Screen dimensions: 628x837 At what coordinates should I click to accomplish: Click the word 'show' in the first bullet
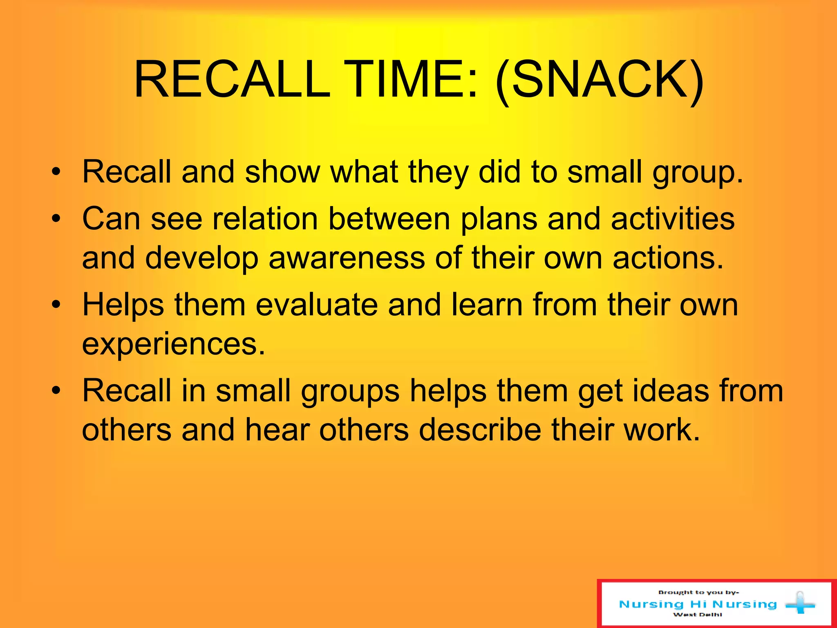282,172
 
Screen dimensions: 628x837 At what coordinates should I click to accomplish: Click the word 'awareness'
347,258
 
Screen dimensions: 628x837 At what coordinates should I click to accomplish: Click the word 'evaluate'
317,305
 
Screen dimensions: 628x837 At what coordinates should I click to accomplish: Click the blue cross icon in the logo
800,603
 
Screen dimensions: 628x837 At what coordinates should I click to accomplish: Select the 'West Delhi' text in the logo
698,615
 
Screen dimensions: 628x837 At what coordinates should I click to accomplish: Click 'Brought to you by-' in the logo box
698,592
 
